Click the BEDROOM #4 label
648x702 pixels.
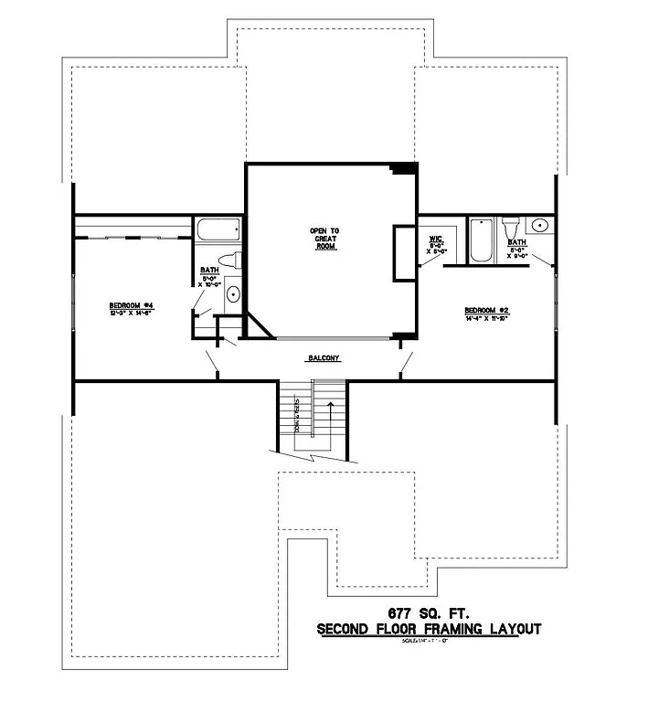131,305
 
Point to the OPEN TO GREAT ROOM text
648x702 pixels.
321,239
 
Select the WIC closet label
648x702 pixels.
436,239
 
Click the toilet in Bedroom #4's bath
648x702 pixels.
232,259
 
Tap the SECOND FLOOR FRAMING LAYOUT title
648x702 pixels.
429,629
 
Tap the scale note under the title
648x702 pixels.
429,641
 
